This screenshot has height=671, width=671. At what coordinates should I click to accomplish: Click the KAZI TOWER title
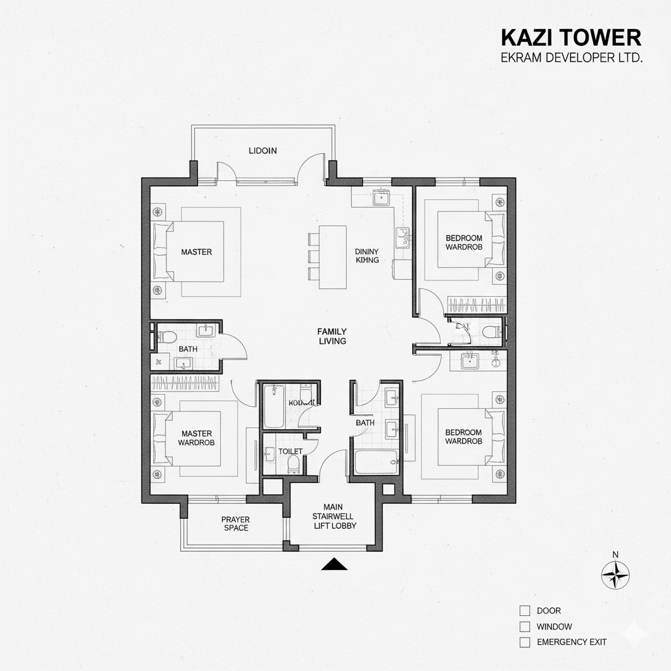click(570, 37)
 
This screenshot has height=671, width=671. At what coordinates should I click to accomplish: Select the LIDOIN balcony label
click(263, 150)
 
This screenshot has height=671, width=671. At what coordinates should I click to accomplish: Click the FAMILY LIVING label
click(332, 336)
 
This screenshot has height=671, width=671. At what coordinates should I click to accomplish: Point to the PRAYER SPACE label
click(235, 524)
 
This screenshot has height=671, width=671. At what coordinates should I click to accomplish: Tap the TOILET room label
click(290, 451)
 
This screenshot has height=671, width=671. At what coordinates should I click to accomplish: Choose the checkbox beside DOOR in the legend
click(524, 611)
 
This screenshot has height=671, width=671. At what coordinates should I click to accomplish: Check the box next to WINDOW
click(524, 627)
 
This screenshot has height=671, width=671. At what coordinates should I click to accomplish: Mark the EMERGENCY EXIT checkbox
click(524, 643)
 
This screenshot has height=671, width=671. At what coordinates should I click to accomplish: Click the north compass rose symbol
click(615, 576)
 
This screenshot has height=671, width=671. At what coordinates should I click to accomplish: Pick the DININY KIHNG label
click(367, 256)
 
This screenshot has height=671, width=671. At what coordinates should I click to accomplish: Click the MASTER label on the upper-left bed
click(197, 252)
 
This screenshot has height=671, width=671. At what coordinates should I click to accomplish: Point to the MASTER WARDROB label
click(197, 438)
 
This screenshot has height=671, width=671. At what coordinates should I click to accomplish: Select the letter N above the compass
click(615, 554)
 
